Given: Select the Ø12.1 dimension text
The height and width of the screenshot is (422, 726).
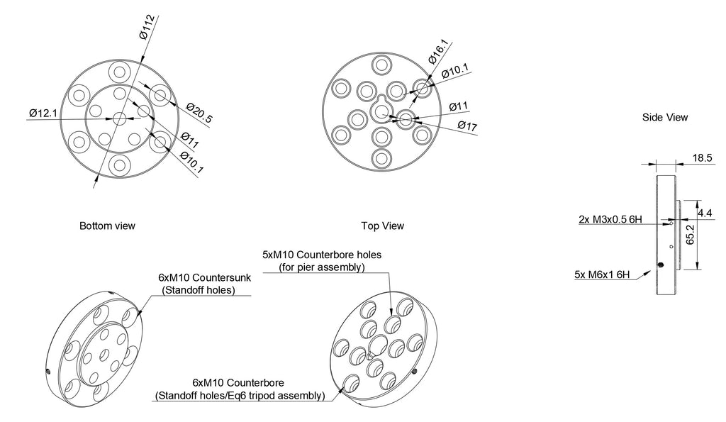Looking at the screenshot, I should tap(43, 113).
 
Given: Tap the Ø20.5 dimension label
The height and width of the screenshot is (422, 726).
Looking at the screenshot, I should tap(199, 113).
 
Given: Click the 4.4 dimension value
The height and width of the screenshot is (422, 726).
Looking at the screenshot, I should tap(705, 212).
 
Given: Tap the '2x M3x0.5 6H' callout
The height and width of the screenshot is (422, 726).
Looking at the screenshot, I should tap(610, 220).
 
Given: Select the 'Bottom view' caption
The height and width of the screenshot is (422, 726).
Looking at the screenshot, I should tap(107, 226).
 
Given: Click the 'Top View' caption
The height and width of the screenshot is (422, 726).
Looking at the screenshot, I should tap(383, 226).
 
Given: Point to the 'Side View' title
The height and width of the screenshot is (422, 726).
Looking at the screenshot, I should tap(664, 117).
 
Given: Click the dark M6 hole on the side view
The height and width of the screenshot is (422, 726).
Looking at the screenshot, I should tap(661, 265).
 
